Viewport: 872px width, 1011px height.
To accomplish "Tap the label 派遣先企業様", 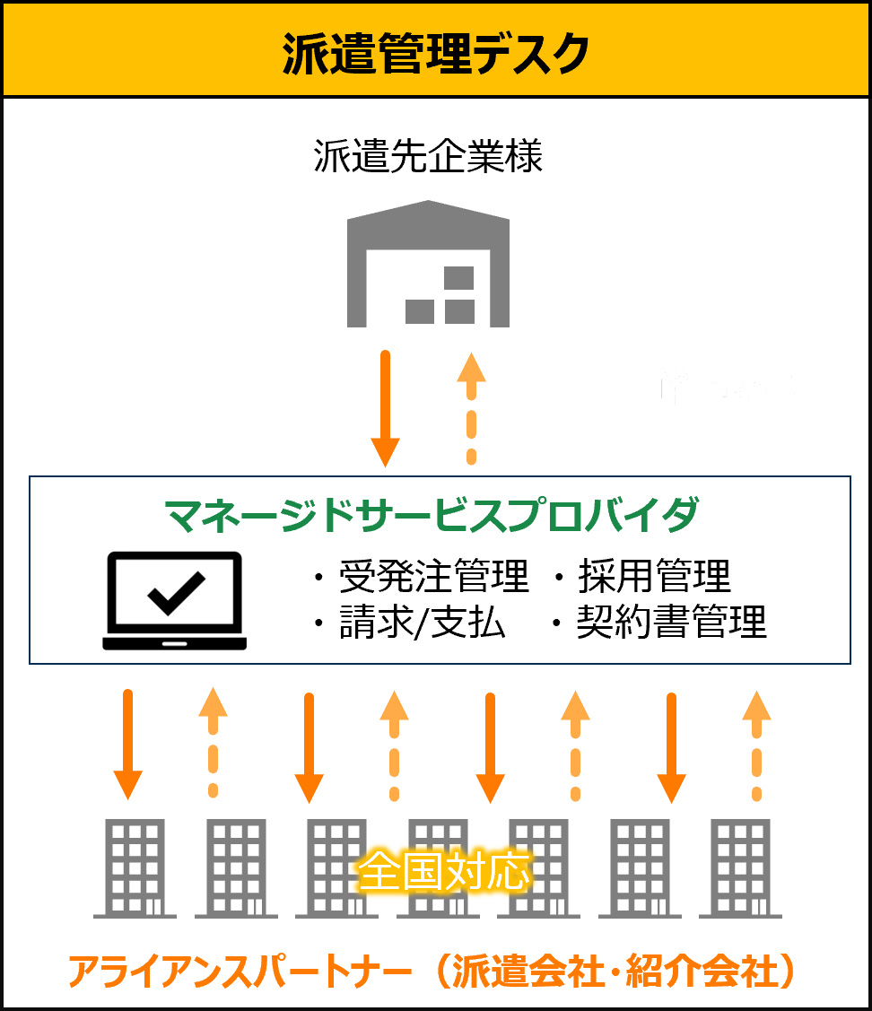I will tap(429, 158).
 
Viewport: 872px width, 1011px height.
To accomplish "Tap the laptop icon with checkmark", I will tap(175, 600).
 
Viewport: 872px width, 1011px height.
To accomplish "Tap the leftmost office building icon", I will tap(135, 867).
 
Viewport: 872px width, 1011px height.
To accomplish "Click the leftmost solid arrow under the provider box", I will tap(128, 742).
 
